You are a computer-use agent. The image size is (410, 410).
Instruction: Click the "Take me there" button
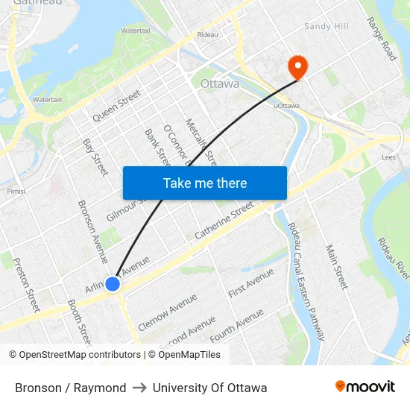(x=204, y=183)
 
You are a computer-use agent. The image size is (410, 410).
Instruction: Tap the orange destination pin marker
(x=297, y=67)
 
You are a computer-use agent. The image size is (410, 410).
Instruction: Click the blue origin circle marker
(x=113, y=284)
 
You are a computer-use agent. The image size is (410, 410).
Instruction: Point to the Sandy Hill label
(x=326, y=27)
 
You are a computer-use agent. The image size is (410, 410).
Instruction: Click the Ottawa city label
(x=220, y=83)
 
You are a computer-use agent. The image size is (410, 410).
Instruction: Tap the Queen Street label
(x=116, y=106)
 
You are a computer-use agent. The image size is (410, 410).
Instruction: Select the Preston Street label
(x=26, y=285)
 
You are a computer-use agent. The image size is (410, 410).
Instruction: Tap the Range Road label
(x=382, y=39)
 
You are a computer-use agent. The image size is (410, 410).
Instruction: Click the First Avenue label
(x=251, y=283)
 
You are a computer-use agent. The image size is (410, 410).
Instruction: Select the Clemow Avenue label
(x=168, y=307)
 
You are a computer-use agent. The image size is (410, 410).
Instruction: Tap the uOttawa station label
(x=286, y=106)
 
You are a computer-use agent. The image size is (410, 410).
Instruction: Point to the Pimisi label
(x=16, y=191)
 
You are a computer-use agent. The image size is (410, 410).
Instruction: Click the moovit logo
(x=365, y=387)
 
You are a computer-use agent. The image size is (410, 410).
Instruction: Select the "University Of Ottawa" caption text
(x=209, y=388)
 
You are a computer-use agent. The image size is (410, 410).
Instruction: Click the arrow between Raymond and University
(x=139, y=388)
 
